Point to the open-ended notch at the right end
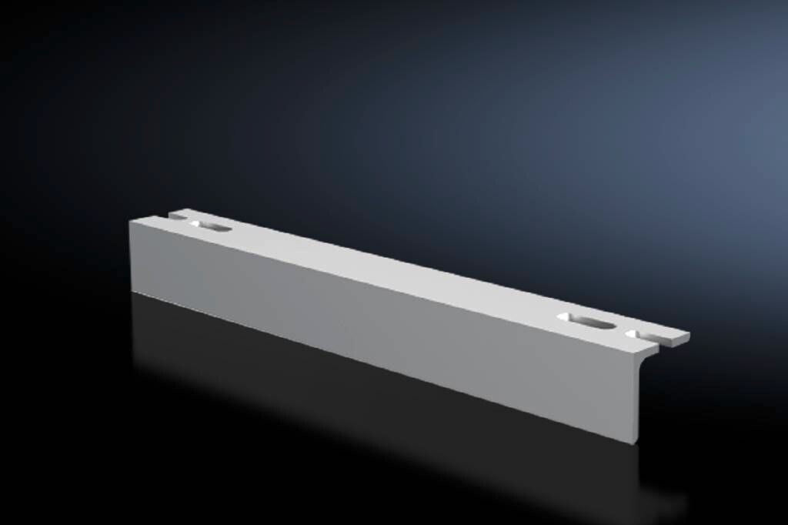[x=641, y=335]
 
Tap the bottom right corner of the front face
[x=638, y=444]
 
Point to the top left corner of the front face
[x=129, y=220]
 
